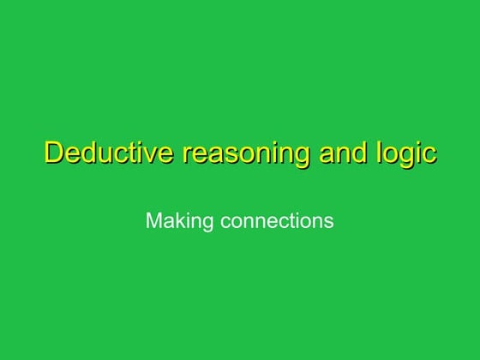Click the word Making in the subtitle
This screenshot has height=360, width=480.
pyautogui.click(x=179, y=221)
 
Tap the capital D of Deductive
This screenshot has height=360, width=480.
pyautogui.click(x=53, y=154)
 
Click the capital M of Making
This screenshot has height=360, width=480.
pyautogui.click(x=153, y=221)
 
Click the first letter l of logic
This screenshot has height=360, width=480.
pyautogui.click(x=378, y=153)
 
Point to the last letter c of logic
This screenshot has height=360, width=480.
pyautogui.click(x=429, y=155)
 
